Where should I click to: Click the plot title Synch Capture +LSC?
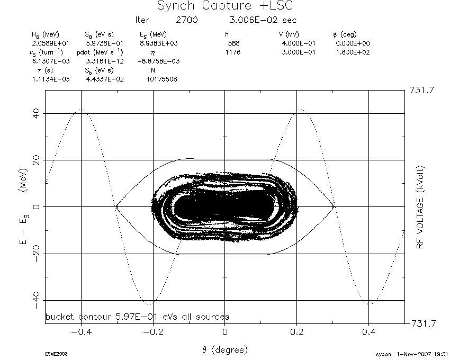pyautogui.click(x=225, y=6)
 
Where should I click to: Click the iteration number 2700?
pyautogui.click(x=187, y=20)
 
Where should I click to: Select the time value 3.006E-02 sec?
pyautogui.click(x=263, y=20)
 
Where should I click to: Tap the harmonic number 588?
pyautogui.click(x=233, y=43)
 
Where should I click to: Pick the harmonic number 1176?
pyautogui.click(x=233, y=52)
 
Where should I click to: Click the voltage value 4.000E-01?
pyautogui.click(x=299, y=43)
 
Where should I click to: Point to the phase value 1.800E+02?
pyautogui.click(x=353, y=52)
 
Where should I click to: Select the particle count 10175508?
pyautogui.click(x=162, y=79)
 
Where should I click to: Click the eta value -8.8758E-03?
pyautogui.click(x=158, y=61)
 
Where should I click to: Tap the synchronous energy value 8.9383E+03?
pyautogui.click(x=159, y=43)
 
